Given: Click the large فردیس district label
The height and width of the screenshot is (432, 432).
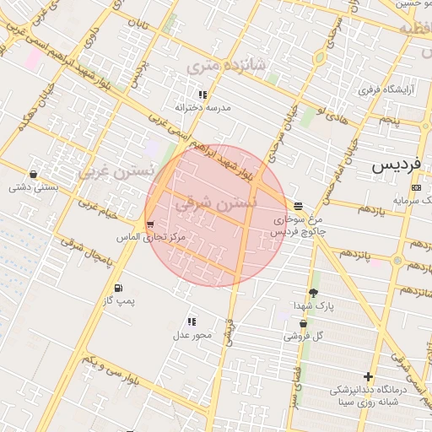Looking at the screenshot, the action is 397,165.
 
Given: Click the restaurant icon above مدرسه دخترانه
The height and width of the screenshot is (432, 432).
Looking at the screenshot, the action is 202,95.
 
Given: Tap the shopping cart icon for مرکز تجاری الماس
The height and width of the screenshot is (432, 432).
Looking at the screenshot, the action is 150,224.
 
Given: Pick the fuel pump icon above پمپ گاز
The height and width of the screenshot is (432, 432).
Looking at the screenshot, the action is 117,288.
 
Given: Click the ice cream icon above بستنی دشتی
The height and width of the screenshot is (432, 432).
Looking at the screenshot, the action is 33,175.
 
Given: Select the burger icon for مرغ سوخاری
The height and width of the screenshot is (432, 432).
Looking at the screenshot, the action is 299,206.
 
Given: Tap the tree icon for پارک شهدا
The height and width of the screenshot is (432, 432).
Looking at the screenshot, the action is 314,292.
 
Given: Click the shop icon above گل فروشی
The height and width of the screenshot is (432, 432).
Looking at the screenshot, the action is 303,323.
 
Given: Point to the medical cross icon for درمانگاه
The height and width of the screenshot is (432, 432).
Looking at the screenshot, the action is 368,376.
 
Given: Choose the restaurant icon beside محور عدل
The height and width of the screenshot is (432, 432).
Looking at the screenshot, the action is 192,321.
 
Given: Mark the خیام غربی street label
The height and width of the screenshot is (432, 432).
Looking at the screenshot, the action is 97,210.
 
